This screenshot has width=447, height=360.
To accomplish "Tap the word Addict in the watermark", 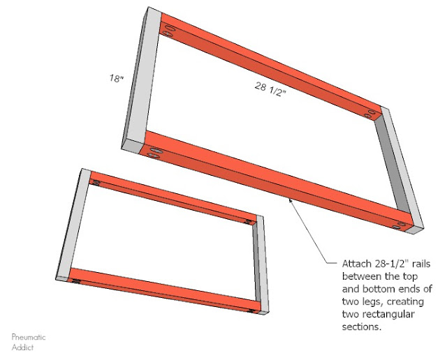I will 22,346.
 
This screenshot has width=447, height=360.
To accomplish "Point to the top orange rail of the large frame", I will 272,70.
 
